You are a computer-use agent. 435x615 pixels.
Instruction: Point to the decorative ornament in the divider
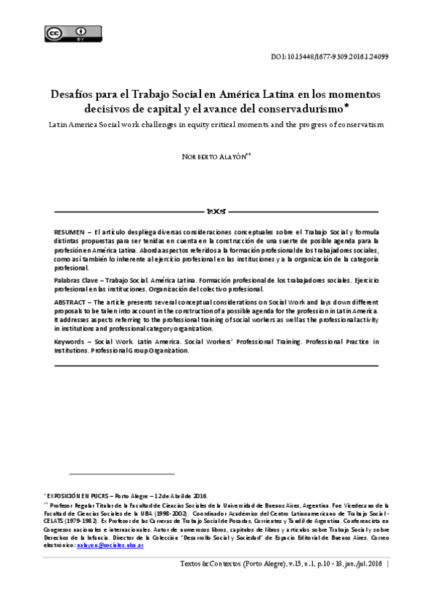tap(217, 212)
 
